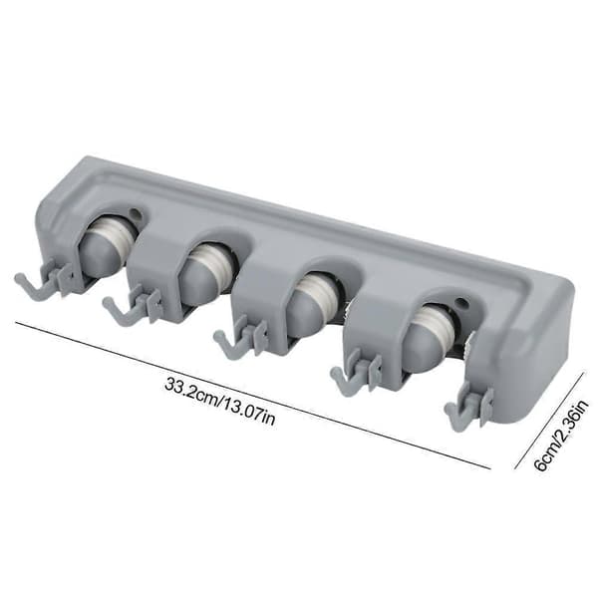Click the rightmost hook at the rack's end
[x=469, y=405]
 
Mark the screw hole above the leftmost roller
[x=135, y=213]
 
